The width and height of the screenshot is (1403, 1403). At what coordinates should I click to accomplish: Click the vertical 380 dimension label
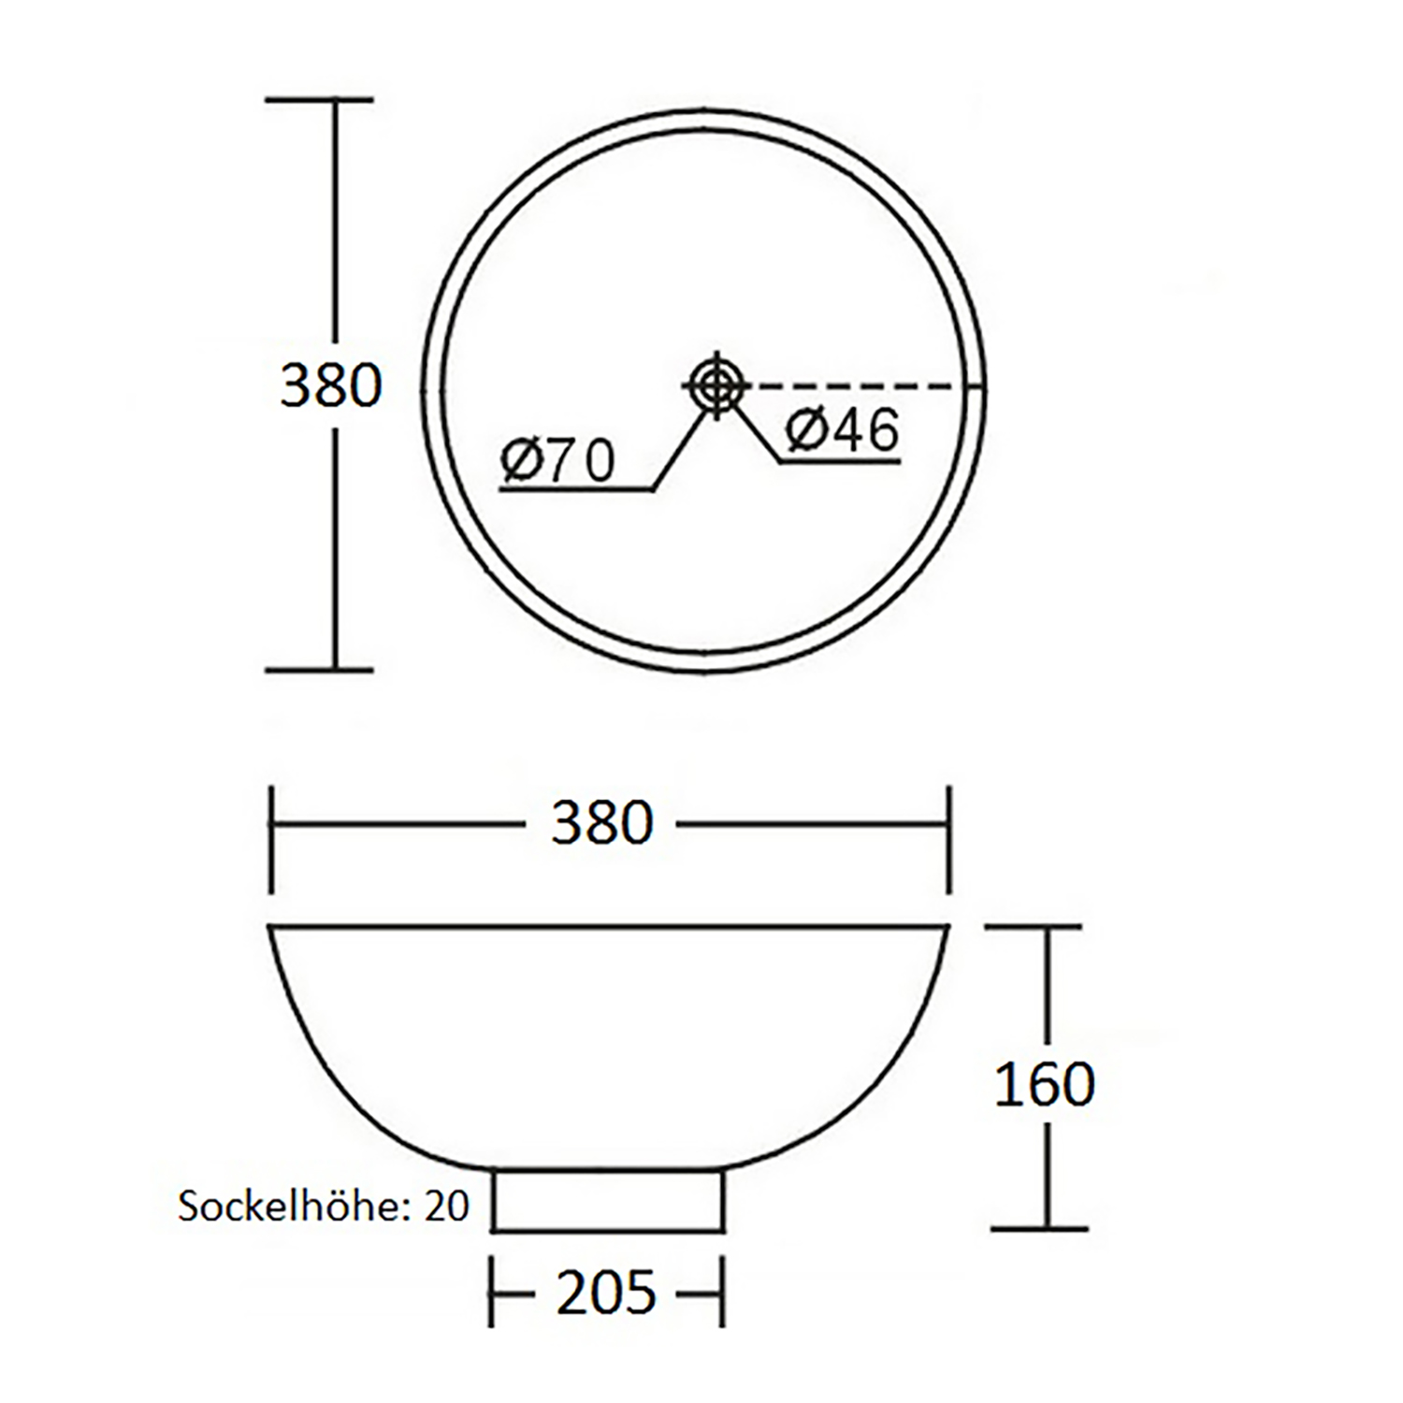point(331,385)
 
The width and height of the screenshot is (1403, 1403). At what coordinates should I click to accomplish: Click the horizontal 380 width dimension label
point(602,824)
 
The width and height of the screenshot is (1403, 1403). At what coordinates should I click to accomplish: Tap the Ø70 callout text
point(557,460)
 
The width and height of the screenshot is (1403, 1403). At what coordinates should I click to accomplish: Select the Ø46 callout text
point(843,429)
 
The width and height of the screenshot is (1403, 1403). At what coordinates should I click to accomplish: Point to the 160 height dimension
point(1044,1085)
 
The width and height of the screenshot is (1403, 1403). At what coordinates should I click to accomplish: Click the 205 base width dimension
point(606,1294)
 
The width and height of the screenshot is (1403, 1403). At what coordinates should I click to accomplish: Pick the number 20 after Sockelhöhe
point(446,1207)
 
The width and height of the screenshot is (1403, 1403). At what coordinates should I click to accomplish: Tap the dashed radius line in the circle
point(853,385)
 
